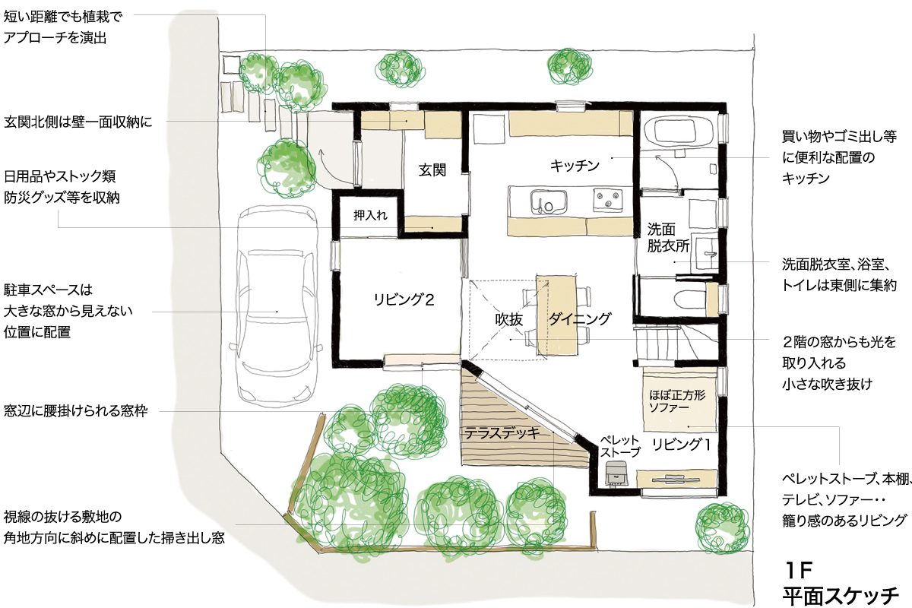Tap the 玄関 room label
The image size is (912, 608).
432,169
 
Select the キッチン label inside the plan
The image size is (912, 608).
575,166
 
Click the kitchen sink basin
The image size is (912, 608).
549,201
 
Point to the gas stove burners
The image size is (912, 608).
608,200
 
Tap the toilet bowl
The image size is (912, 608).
691,299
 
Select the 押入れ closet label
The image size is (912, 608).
370,215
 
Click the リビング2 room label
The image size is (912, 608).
404,299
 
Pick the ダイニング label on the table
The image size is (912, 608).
580,318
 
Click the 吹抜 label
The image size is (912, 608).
509,319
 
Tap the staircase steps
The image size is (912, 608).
655,342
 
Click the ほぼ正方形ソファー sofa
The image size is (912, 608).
679,399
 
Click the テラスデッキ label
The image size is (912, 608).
502,433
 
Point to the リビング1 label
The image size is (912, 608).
681,445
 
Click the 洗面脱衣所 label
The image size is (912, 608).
668,238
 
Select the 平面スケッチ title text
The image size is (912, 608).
841,596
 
